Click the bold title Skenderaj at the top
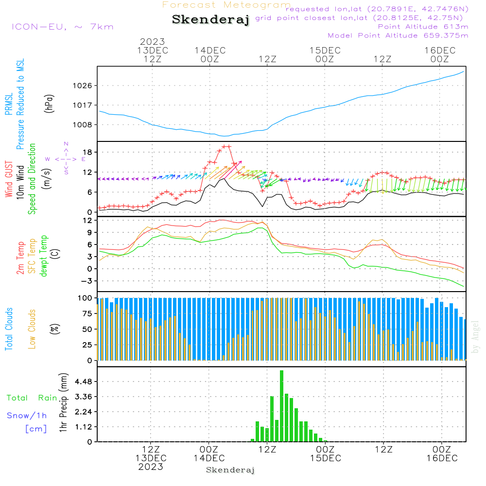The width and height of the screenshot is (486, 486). pos(210,19)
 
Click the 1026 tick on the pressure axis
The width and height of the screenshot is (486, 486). pos(82,86)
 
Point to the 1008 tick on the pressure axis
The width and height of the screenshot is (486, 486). pos(82,124)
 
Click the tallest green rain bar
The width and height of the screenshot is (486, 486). pos(281,406)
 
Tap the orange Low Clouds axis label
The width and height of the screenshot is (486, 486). pos(32,329)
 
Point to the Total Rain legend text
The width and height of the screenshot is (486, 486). pos(32,398)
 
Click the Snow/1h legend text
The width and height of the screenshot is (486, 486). pos(27,416)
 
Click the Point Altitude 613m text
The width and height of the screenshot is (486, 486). pos(423,26)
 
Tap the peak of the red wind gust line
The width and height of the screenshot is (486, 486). pos(226,146)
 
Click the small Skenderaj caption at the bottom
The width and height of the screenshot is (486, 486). pos(230,470)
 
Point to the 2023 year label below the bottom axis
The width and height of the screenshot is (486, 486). pos(151,467)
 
